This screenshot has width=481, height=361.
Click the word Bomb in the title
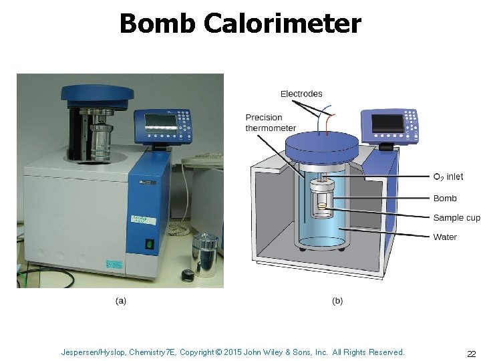tap(158, 24)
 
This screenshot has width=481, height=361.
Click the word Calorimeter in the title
tap(282, 24)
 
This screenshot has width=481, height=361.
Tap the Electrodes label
tap(301, 94)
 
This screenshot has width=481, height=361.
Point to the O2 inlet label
tap(448, 177)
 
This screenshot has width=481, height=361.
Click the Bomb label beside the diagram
tap(445, 199)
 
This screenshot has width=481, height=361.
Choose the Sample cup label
tap(456, 218)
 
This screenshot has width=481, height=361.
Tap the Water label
tap(445, 237)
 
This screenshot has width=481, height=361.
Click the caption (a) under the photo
tap(121, 301)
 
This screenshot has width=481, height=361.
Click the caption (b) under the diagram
tap(337, 301)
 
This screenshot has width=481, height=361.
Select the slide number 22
tap(471, 354)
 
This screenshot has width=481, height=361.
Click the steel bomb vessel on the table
tap(205, 255)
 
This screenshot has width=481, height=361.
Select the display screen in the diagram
tap(387, 124)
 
